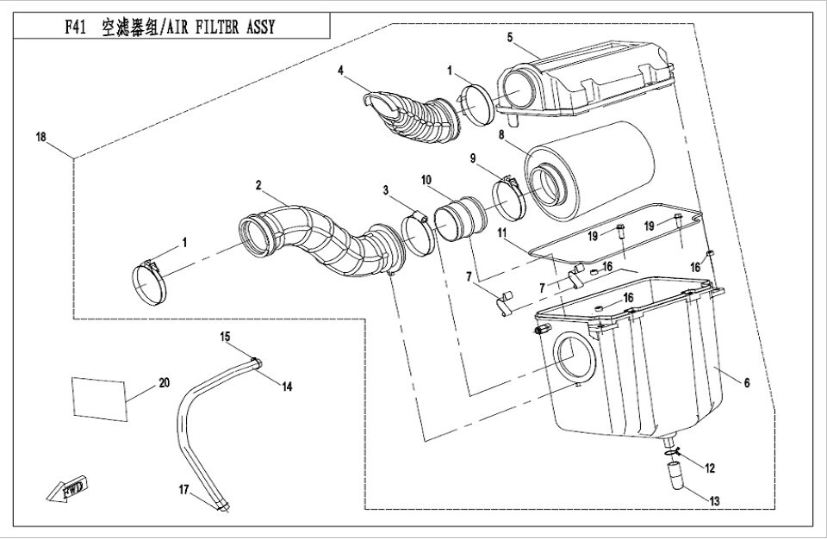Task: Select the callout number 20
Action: (165, 382)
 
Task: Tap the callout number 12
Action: (710, 468)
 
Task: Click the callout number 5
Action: (510, 37)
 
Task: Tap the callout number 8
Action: (501, 134)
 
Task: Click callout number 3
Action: (387, 189)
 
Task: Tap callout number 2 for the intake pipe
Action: (258, 183)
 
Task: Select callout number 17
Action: (183, 489)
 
